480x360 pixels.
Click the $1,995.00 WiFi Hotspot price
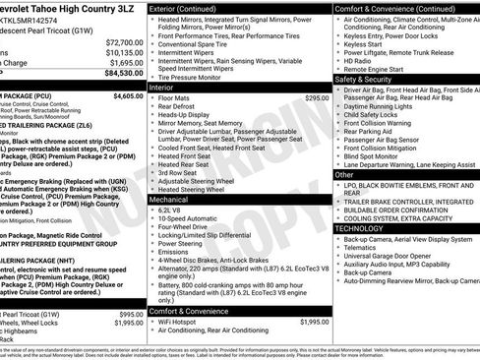coord(314,322)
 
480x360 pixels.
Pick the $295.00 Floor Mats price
coord(317,98)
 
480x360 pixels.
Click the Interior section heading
coord(161,88)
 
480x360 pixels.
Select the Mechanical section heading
coord(169,199)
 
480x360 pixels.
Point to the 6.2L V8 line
coord(170,210)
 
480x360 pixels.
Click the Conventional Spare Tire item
coord(198,44)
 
